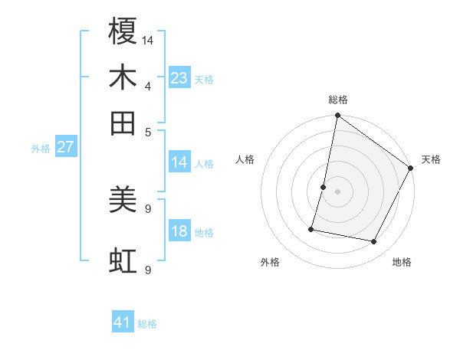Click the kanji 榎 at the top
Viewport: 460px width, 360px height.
point(123,31)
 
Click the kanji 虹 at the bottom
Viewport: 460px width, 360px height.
point(123,261)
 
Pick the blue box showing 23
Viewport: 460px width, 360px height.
point(179,77)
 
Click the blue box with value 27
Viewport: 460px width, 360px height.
point(66,147)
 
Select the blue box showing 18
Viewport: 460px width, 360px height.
point(179,231)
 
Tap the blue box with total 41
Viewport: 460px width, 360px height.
point(123,322)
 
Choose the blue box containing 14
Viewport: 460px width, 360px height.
point(179,162)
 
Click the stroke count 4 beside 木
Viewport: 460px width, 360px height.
point(149,87)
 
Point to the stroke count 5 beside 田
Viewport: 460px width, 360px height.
point(149,132)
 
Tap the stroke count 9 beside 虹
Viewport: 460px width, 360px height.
point(149,270)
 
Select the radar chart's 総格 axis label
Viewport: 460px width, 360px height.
point(338,100)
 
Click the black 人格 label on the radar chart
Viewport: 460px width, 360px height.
point(245,159)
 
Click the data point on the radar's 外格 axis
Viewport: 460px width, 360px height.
point(312,228)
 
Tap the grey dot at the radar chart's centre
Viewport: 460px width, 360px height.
point(338,191)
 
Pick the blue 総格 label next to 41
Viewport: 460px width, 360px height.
point(147,324)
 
